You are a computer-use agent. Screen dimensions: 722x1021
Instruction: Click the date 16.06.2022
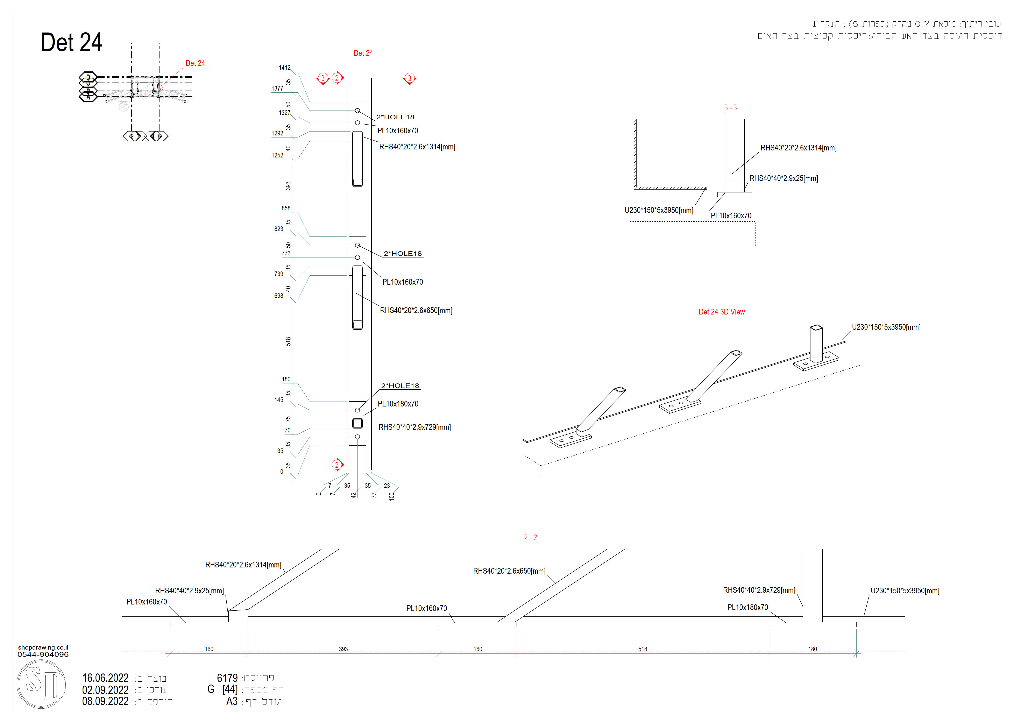[x=105, y=678]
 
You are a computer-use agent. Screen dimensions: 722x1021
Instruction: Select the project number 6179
[x=227, y=678]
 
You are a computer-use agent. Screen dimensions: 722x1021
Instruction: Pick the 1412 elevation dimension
[x=285, y=68]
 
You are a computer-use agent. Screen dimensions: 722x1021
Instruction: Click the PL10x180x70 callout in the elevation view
[x=398, y=404]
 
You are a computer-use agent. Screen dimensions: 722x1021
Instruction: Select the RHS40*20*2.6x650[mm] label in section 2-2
[x=509, y=571]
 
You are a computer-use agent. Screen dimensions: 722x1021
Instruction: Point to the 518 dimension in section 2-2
[x=643, y=649]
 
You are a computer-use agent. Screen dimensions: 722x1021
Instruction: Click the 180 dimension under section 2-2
[x=813, y=649]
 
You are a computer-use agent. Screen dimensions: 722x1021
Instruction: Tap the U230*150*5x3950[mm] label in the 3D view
[x=886, y=327]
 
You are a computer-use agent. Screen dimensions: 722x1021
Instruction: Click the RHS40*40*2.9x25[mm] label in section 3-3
[x=784, y=178]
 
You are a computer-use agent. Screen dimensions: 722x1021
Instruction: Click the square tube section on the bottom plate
[x=357, y=423]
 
